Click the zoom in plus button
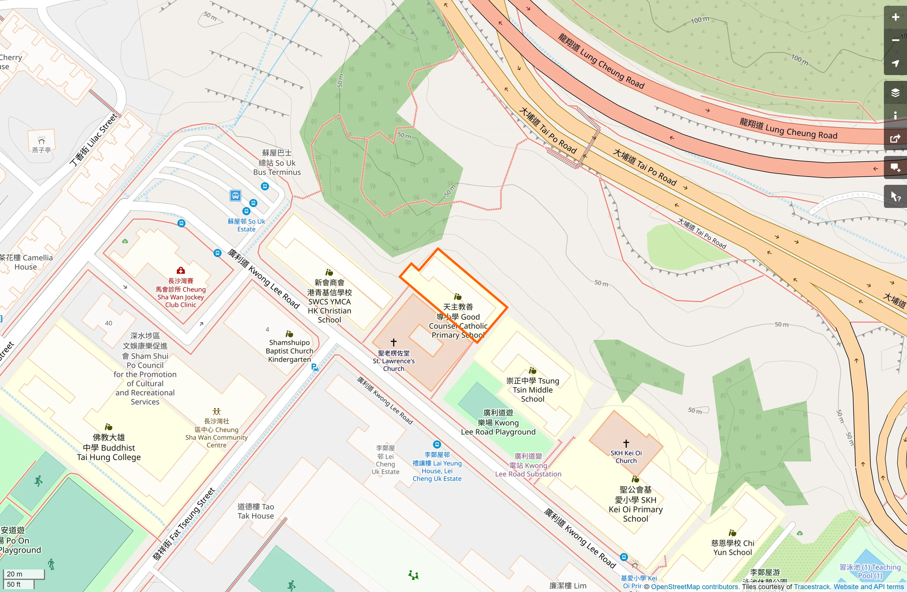coord(895,17)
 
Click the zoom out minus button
coord(895,40)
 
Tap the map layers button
coord(895,93)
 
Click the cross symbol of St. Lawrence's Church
coord(393,342)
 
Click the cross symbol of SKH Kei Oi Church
coord(626,443)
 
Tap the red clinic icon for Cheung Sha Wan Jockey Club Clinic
coord(181,270)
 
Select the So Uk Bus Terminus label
coord(277,163)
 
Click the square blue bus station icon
coord(235,195)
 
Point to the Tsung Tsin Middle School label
coord(532,389)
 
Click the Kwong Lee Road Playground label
coord(498,423)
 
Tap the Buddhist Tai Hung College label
coord(109,447)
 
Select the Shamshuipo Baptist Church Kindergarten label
coord(289,351)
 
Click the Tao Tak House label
coord(256,511)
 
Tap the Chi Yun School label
coord(733,548)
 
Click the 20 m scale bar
coord(24,574)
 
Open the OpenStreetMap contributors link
coord(695,587)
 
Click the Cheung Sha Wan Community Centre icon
coord(217,412)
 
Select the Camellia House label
coord(26,262)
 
